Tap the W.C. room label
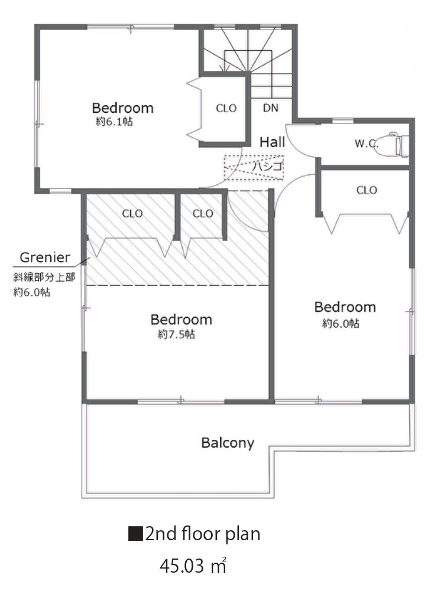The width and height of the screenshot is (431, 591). [367, 143]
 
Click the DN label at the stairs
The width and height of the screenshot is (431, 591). [271, 108]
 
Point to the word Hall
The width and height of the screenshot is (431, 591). [272, 142]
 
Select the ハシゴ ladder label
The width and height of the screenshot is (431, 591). [268, 166]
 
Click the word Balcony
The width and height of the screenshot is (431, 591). [228, 443]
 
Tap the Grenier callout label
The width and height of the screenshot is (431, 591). [45, 257]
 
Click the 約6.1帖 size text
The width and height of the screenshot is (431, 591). [114, 122]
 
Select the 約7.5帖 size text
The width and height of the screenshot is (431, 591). [176, 334]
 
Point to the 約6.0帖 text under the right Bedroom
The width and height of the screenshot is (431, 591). [341, 324]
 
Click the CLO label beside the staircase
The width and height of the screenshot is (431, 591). [226, 109]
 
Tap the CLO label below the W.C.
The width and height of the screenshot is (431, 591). [367, 190]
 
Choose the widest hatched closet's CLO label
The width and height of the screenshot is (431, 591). [132, 214]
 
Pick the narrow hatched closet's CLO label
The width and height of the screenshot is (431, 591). [203, 214]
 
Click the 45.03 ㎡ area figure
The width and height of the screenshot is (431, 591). [193, 566]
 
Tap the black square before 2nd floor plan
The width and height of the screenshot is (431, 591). [135, 534]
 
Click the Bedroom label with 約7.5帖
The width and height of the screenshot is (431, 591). [181, 319]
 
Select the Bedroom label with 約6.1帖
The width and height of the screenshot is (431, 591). [122, 108]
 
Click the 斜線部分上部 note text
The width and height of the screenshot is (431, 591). [44, 277]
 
